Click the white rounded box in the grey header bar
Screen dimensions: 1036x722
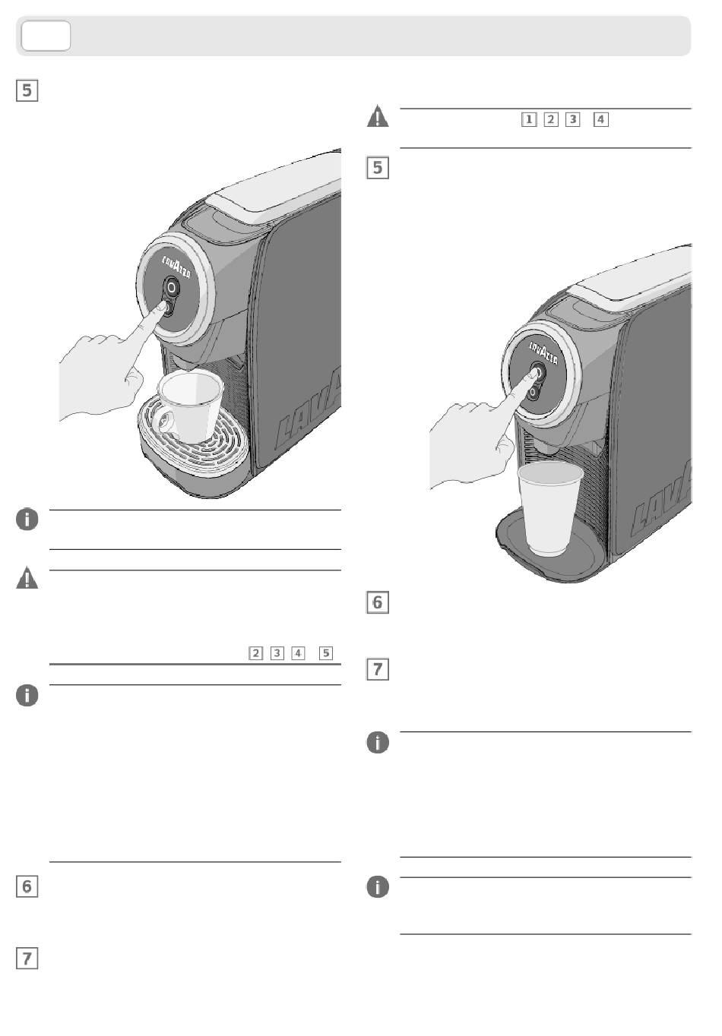coord(46,36)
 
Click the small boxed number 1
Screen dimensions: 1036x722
coord(529,119)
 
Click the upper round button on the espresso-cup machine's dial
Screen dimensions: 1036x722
coord(173,287)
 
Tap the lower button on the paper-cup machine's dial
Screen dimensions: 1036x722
coord(534,391)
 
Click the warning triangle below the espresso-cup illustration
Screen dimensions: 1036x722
coord(27,579)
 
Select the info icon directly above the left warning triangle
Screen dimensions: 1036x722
coord(27,520)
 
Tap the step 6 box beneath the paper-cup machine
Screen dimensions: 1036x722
coord(378,602)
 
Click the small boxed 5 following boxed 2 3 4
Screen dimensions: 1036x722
coord(326,652)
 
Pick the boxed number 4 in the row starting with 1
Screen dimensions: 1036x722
coord(601,119)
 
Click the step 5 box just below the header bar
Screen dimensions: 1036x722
coord(27,90)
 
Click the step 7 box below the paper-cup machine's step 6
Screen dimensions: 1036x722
coord(378,669)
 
